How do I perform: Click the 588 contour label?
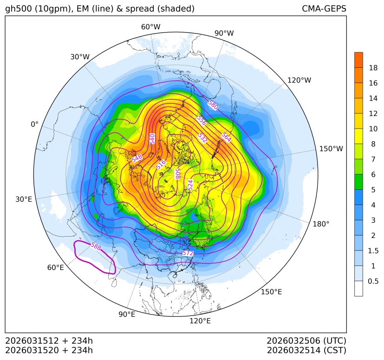coord(96,246)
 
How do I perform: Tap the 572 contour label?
coord(188,253)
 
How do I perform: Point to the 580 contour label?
coord(213,105)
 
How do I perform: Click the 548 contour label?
coord(137,158)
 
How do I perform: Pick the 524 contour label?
coord(190,185)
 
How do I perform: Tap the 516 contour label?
coord(161,164)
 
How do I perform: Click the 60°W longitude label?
coord(150,27)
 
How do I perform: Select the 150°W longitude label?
coord(331,149)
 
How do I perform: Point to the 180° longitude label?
coord(321,224)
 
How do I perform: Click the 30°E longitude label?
coord(24,199)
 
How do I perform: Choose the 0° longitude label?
coord(35,124)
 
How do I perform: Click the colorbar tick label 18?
coord(373,68)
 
